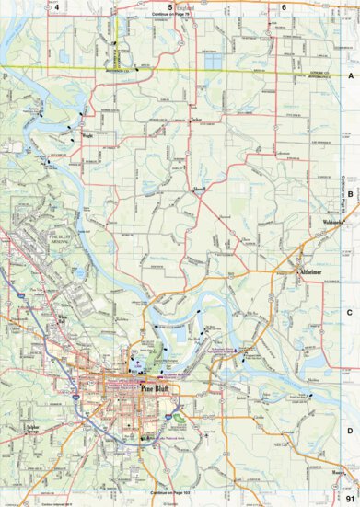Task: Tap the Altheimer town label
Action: click(x=308, y=273)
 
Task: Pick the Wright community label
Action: click(x=87, y=135)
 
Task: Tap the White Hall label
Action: click(x=64, y=320)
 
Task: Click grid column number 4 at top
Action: click(x=58, y=7)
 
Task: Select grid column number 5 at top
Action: click(x=170, y=7)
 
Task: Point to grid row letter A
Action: click(x=351, y=79)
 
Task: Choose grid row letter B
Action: click(x=351, y=195)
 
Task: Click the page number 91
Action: click(x=349, y=498)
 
